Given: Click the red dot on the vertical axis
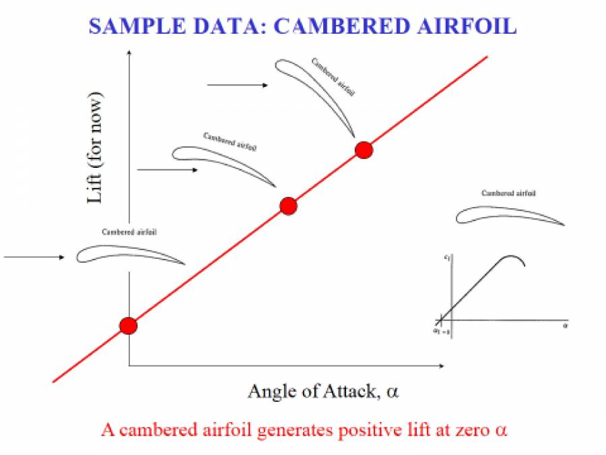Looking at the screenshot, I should [128, 326].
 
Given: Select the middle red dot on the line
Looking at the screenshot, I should [288, 206].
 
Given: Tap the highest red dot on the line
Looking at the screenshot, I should [364, 150].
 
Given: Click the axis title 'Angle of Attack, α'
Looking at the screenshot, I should [323, 392].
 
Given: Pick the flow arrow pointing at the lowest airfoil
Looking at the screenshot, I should [34, 257].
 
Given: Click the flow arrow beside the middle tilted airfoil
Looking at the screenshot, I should [167, 170].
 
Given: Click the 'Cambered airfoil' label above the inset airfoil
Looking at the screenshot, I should [509, 193].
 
